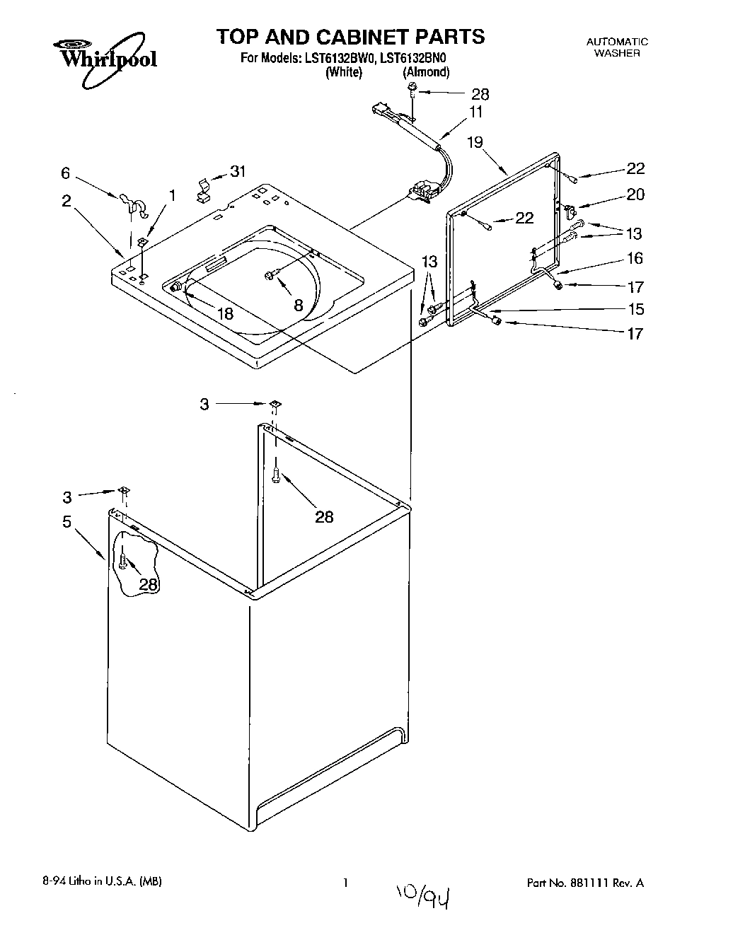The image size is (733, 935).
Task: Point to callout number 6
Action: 66,173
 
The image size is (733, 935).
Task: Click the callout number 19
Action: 475,142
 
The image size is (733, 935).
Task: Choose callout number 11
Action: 475,112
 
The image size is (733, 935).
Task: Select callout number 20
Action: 635,194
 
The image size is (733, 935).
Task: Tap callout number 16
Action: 635,258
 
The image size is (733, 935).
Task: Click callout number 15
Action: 636,309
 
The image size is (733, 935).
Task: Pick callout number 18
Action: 225,314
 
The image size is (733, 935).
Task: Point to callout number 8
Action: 298,306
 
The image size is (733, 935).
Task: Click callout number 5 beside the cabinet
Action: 67,522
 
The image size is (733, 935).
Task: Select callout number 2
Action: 66,201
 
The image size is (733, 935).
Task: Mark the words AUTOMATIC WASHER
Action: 617,47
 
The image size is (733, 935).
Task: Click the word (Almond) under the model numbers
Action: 425,72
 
